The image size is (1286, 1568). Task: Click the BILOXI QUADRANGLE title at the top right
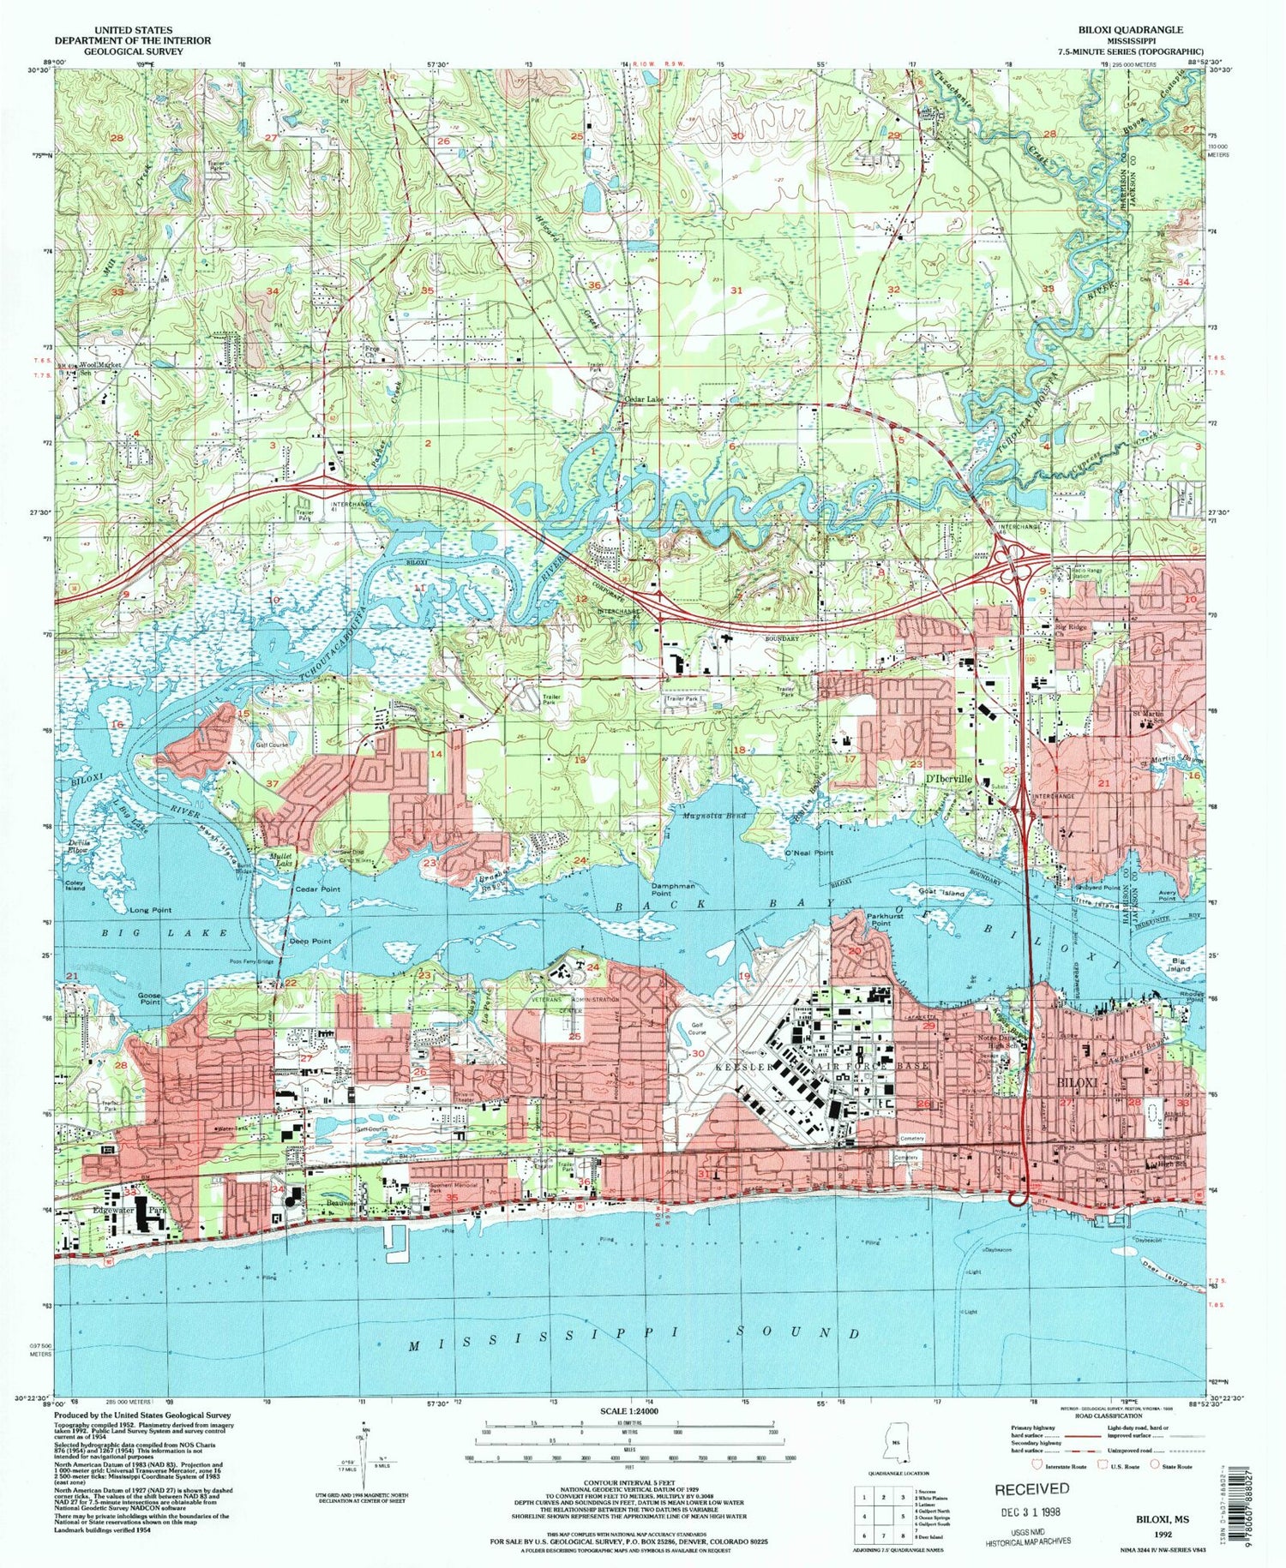pos(1136,30)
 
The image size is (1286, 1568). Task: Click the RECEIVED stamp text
pos(1031,1488)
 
